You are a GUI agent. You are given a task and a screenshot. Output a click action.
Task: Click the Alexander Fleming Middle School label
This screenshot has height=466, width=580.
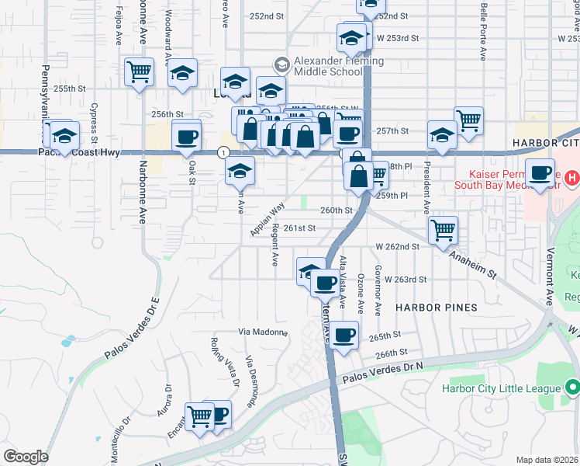(327, 66)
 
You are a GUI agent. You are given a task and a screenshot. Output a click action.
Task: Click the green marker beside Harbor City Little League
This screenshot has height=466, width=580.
(573, 387)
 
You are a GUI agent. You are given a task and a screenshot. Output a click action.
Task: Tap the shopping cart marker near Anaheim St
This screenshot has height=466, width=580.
(443, 229)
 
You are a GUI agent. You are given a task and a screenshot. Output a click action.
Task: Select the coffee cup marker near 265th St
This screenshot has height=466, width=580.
(345, 336)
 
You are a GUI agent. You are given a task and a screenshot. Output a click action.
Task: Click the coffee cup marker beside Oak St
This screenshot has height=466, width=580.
(186, 137)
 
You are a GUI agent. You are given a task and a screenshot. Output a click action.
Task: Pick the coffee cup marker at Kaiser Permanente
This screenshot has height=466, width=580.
(540, 172)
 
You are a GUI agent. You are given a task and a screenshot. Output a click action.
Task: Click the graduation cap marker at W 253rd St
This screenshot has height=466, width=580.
(351, 37)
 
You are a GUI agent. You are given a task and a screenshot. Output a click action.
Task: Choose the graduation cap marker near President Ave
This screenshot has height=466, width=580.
(442, 135)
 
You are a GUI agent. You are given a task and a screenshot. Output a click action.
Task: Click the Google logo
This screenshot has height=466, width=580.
(26, 457)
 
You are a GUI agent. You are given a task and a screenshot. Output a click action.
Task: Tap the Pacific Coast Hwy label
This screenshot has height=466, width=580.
(79, 153)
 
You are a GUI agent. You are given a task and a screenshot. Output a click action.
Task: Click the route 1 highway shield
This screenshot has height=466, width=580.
(223, 151)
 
